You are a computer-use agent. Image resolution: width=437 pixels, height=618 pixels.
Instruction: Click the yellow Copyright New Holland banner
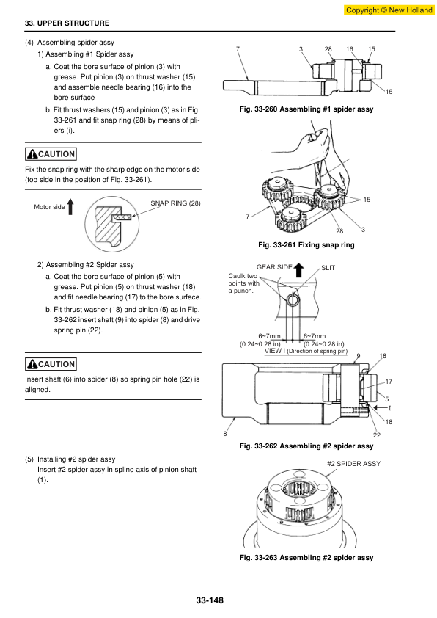[389, 10]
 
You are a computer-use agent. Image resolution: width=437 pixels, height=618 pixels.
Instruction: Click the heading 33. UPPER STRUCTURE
[67, 23]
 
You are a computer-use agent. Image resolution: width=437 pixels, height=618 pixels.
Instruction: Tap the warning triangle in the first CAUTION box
[32, 154]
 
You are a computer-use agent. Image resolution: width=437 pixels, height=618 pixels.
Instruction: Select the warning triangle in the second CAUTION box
[32, 364]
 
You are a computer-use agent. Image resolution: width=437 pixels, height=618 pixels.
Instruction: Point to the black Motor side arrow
[70, 206]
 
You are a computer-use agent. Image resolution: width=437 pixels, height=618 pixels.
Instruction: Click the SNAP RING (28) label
[175, 203]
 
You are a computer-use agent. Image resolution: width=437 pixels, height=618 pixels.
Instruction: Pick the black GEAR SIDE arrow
[299, 269]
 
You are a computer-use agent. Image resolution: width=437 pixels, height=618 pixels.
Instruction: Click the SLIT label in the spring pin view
[328, 268]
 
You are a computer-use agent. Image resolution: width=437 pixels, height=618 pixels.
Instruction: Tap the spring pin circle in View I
[293, 300]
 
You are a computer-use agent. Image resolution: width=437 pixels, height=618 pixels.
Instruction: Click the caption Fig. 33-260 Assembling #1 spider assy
[306, 109]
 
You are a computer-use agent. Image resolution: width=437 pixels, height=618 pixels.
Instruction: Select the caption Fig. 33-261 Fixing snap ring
[306, 244]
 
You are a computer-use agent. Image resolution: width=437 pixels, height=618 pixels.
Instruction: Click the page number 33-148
[210, 600]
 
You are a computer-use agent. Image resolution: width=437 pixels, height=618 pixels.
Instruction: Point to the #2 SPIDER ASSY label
[354, 464]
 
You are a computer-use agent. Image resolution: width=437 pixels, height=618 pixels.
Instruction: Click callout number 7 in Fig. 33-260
[238, 49]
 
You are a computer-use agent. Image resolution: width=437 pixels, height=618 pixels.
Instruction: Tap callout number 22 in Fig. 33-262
[377, 435]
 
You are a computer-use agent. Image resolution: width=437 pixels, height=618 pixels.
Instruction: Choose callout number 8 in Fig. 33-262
[225, 434]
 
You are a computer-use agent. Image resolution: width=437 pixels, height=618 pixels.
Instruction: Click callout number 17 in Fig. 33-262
[389, 382]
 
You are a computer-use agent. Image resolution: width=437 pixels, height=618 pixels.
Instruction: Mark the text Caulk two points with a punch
[243, 283]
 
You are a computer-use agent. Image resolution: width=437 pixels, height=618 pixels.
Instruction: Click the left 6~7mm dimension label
[269, 336]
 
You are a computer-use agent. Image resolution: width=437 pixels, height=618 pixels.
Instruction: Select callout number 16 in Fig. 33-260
[350, 49]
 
